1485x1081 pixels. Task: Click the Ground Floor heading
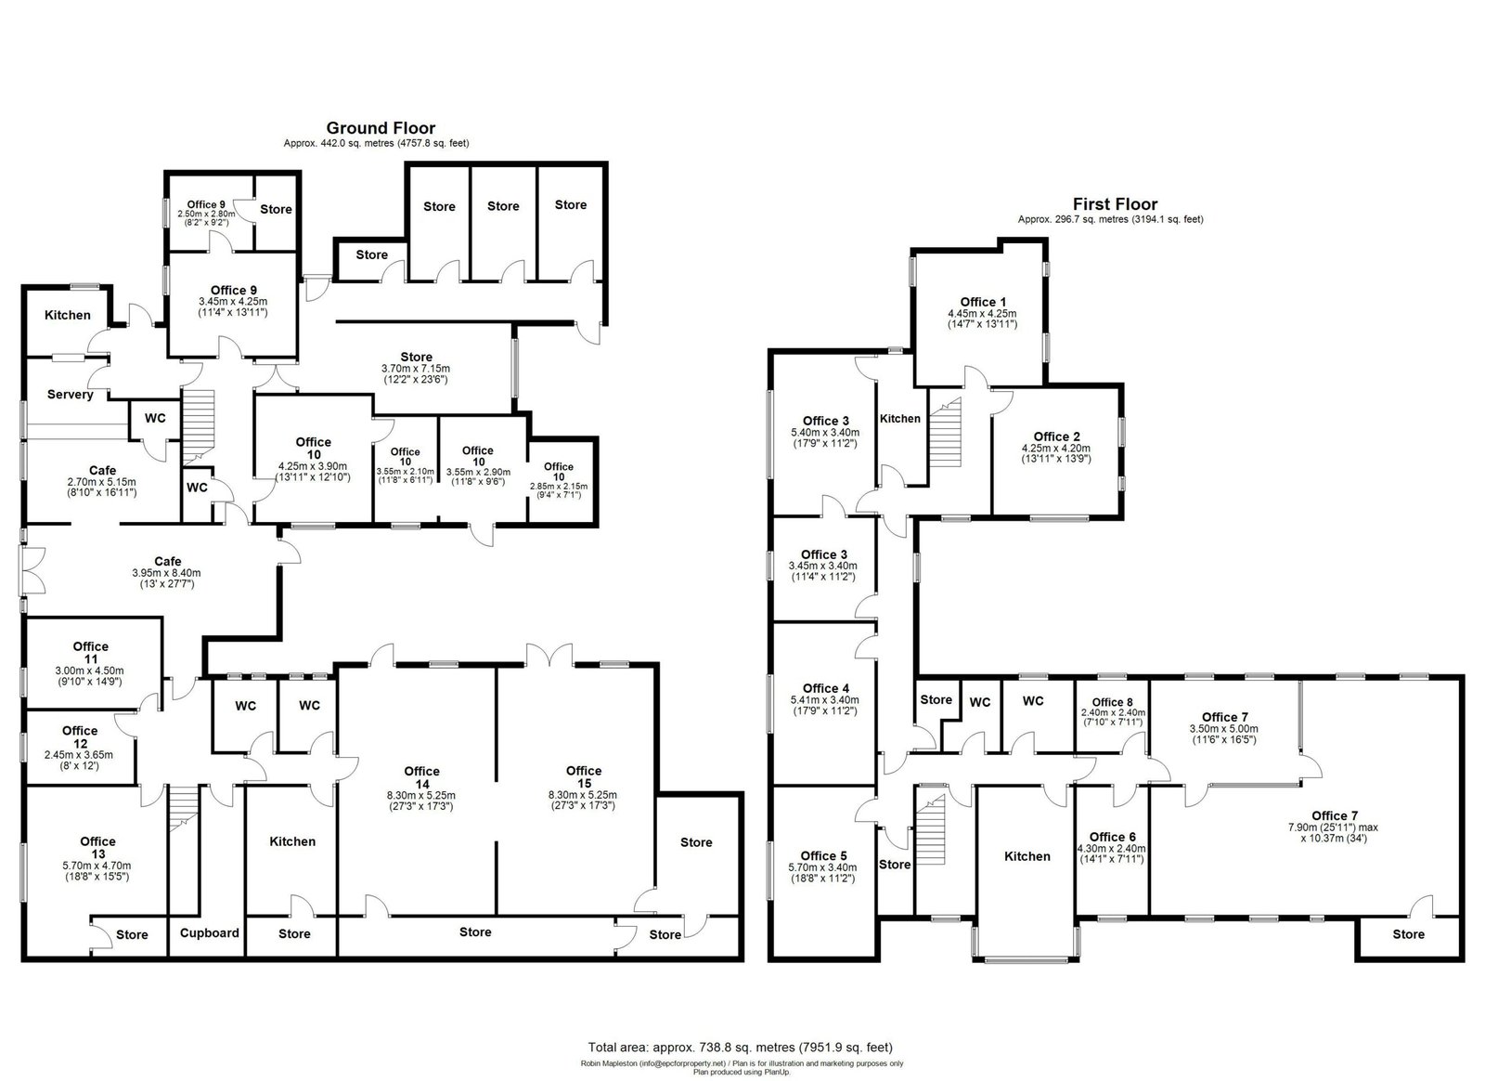[381, 128]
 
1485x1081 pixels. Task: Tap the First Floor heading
[1115, 204]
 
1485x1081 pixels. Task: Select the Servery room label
[71, 395]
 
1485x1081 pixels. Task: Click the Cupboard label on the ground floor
[210, 933]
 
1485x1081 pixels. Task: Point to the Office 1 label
[983, 303]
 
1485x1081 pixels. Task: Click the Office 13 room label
[97, 848]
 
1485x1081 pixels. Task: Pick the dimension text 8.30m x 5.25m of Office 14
[421, 796]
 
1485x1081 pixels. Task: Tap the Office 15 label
[584, 777]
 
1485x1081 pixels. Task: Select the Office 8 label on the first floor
[1113, 702]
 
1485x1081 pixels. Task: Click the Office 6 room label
[1113, 837]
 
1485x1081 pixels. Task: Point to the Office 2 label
[1057, 437]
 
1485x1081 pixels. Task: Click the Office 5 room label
[823, 856]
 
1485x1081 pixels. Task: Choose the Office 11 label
[91, 653]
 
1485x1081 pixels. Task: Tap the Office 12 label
[80, 736]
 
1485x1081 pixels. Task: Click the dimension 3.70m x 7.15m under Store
[416, 369]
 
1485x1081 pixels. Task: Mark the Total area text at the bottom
[740, 1048]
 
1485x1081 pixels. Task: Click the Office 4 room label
[825, 688]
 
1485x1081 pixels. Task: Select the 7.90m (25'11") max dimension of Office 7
[1333, 827]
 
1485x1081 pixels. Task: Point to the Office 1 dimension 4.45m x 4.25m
[983, 314]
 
